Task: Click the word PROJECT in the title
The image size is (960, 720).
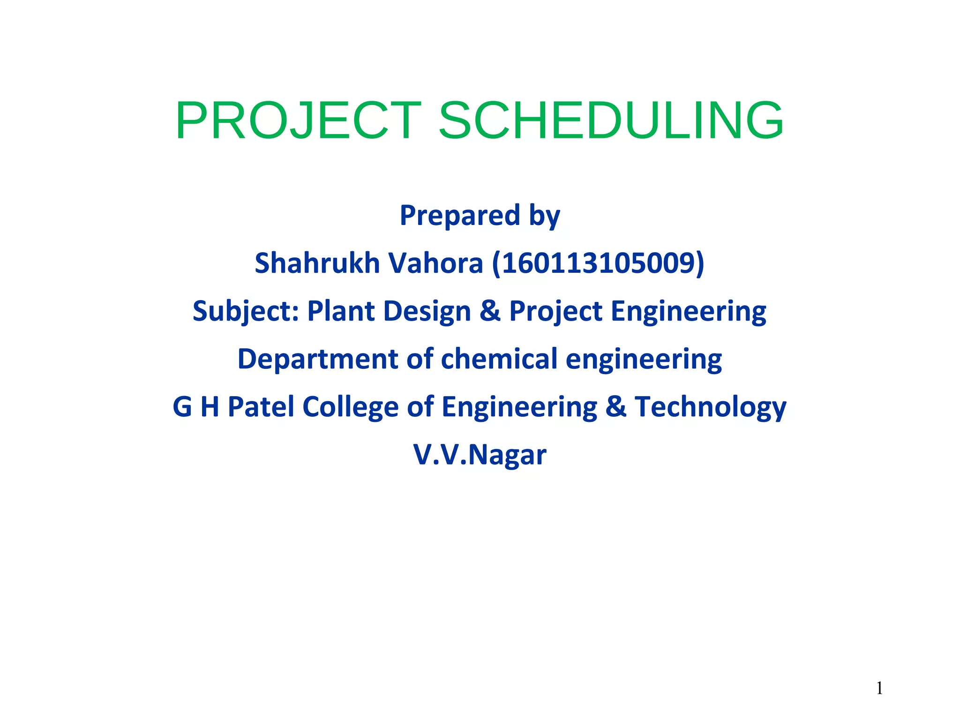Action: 298,121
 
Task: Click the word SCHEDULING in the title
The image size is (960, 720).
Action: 610,121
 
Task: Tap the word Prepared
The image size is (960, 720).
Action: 459,216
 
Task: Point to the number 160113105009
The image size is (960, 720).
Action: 598,263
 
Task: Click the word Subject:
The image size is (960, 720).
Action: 246,311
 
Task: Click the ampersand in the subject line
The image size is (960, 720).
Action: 490,311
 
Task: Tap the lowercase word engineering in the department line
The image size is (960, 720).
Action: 644,360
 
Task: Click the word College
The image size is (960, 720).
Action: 350,407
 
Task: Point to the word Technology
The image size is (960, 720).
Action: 710,407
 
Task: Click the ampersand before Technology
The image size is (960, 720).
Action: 615,406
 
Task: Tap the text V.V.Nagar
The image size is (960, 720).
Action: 480,455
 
